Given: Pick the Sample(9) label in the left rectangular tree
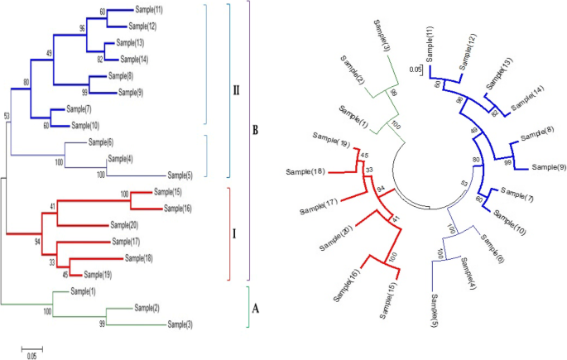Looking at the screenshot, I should [x=133, y=93].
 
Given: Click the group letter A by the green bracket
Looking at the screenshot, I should [x=256, y=307].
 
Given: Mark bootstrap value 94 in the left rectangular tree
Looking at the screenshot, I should [x=37, y=240].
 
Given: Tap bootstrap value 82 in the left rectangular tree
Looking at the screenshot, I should [x=99, y=59].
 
